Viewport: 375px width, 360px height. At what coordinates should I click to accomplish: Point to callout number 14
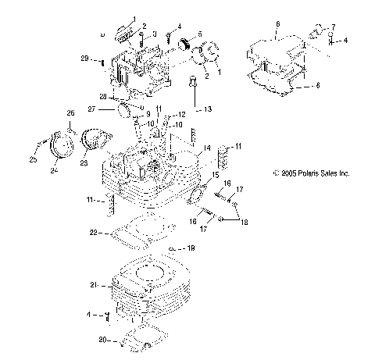click(207, 148)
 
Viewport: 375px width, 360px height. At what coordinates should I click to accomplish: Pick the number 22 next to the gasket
click(93, 232)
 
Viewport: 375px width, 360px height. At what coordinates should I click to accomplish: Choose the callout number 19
click(189, 248)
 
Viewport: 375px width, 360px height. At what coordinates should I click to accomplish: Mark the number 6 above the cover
click(277, 26)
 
